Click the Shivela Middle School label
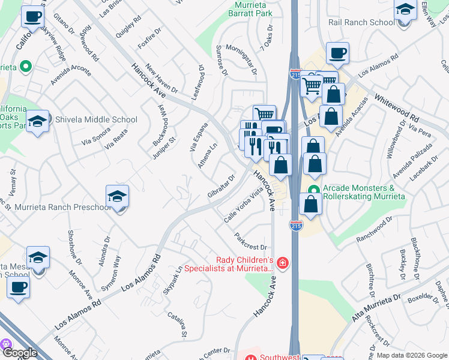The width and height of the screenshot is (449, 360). pos(96,119)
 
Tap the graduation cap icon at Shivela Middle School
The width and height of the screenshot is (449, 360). pos(38,122)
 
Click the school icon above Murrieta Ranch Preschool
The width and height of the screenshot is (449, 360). pos(118,196)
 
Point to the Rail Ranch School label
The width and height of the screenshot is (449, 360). pos(361,22)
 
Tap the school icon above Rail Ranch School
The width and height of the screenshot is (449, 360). pos(405,11)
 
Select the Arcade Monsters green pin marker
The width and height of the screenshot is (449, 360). pos(313,191)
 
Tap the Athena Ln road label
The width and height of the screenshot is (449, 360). pos(208,157)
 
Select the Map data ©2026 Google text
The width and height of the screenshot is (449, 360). pos(412,355)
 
